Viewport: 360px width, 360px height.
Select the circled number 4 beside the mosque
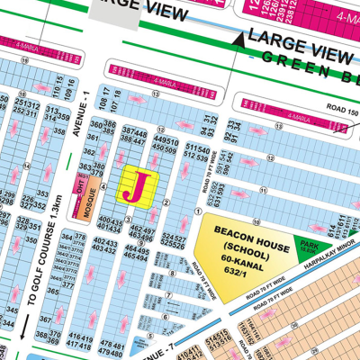coord(104,187)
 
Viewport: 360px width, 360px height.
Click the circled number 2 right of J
coord(166,201)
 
